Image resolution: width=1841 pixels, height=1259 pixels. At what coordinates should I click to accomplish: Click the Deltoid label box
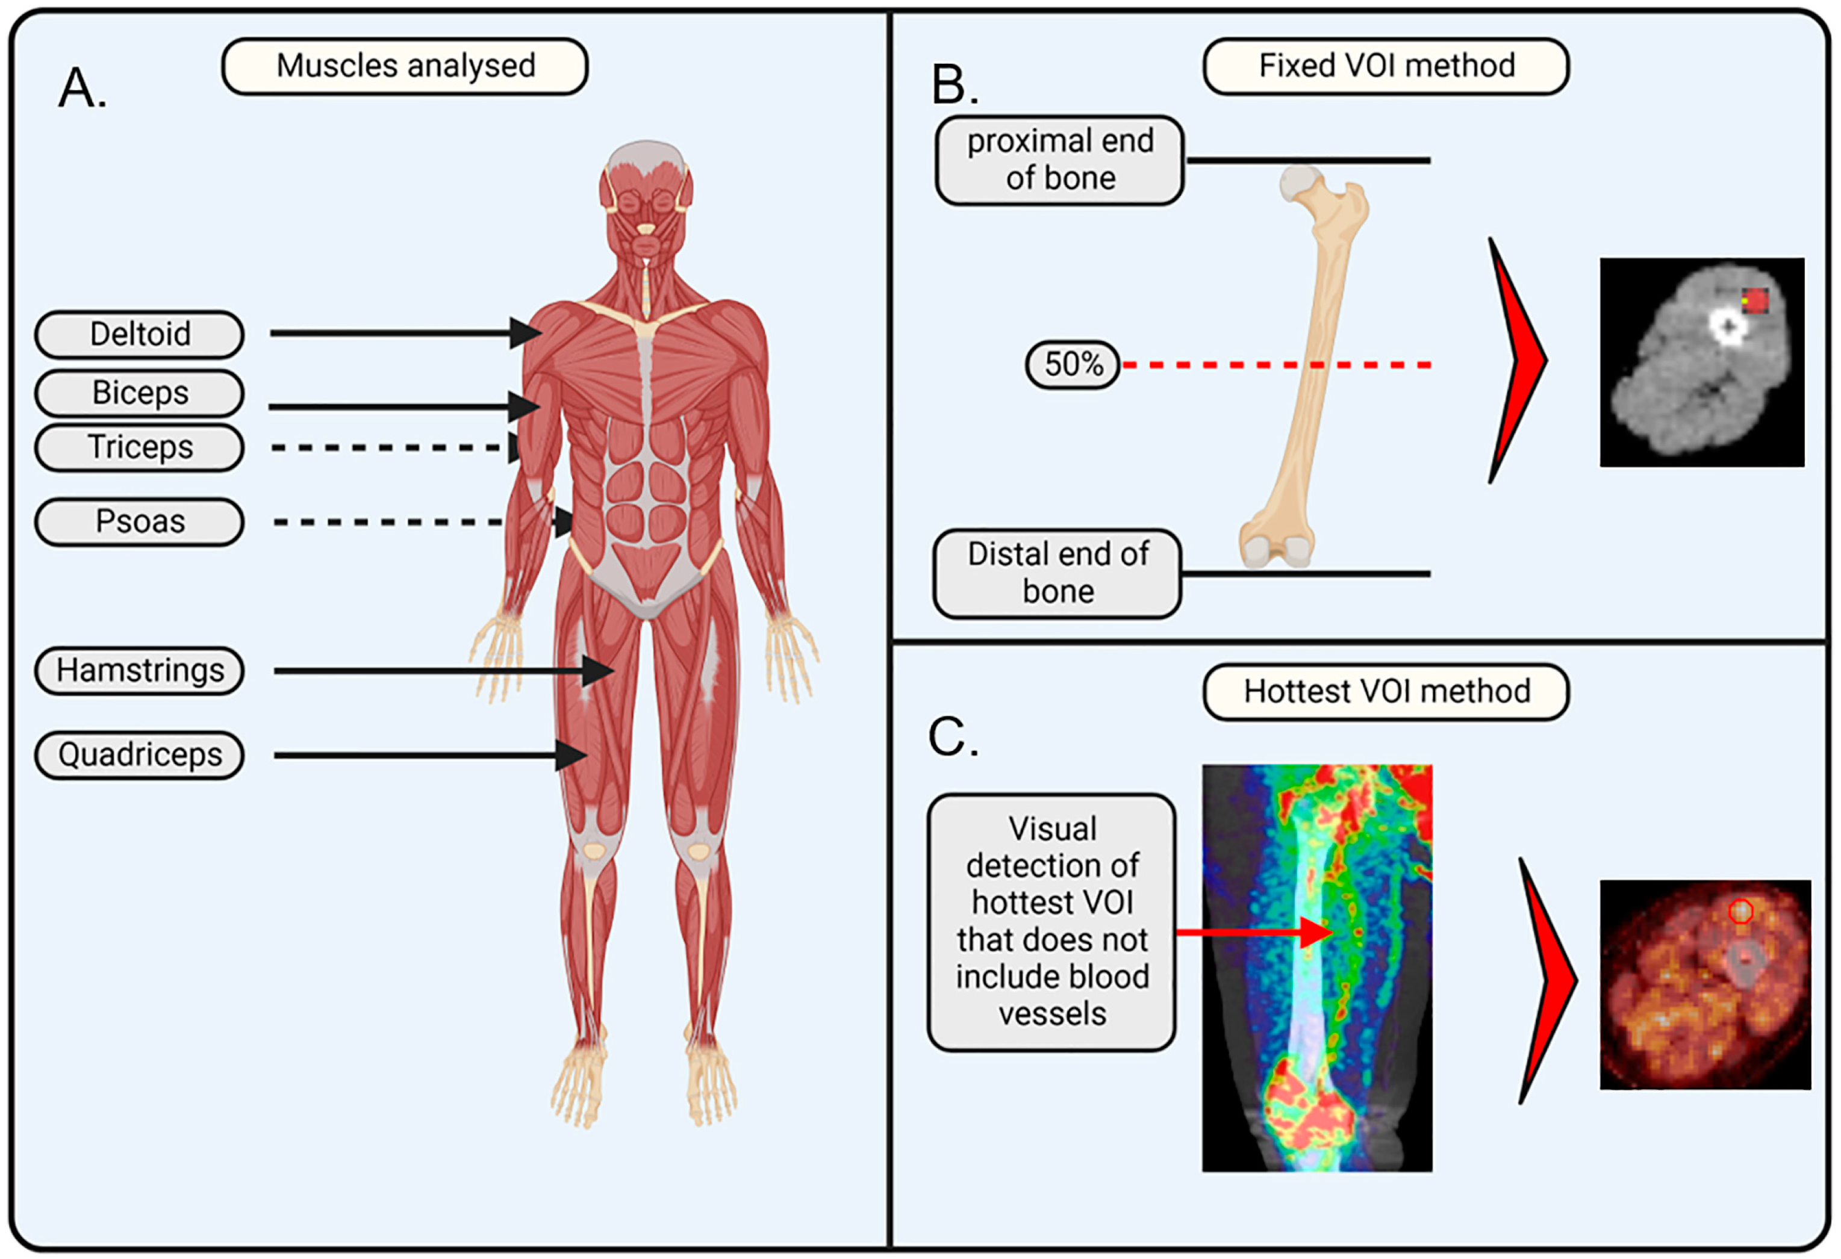(x=140, y=334)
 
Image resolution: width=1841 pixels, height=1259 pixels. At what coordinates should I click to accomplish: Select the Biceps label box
(x=140, y=393)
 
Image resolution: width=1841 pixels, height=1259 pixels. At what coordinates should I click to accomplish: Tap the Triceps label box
(x=140, y=447)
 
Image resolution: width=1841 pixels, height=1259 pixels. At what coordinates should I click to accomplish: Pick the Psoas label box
(x=140, y=522)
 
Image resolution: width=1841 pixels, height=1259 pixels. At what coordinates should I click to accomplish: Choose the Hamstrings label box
(x=140, y=671)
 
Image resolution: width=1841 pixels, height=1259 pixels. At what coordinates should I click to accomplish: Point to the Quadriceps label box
(x=140, y=756)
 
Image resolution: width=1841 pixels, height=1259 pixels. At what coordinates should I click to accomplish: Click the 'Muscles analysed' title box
(x=405, y=66)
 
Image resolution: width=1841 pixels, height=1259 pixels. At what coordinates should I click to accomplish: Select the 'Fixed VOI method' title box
(x=1386, y=66)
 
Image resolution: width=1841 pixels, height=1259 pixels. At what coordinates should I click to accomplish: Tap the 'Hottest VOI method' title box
(x=1386, y=692)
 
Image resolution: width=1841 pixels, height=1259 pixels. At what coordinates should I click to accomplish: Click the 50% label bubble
(x=1073, y=365)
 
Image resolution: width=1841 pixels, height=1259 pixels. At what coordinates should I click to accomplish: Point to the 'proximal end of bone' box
(x=1060, y=160)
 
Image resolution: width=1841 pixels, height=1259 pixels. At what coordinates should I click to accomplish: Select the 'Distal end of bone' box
(x=1058, y=573)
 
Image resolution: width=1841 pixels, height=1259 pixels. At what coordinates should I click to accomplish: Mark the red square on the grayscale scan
(x=1755, y=301)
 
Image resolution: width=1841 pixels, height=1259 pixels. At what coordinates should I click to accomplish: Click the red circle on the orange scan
(x=1740, y=912)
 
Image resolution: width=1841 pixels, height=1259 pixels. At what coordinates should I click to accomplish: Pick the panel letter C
(x=952, y=738)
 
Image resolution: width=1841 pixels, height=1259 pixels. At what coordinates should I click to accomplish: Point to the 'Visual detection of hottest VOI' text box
(x=1051, y=922)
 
